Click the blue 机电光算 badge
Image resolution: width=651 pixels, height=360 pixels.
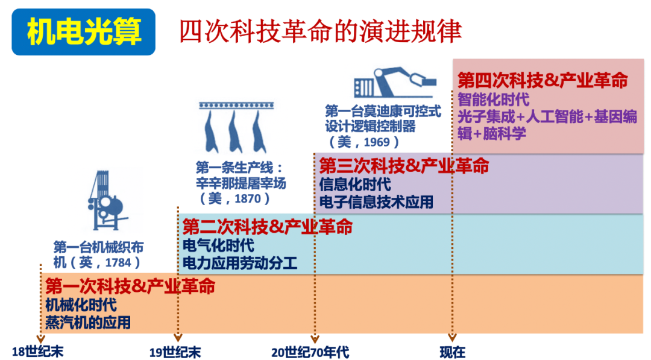pos(84,32)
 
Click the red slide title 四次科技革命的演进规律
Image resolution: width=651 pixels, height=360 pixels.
pos(320,31)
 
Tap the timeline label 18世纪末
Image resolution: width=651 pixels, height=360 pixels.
pos(37,352)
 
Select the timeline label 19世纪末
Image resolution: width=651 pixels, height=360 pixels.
pos(175,352)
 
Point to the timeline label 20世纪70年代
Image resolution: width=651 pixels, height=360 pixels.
pos(310,352)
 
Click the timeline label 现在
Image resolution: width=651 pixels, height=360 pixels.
pos(452,352)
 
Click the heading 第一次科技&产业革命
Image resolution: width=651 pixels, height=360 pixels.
pos(130,286)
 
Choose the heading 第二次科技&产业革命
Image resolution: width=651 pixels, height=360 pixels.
pos(267,227)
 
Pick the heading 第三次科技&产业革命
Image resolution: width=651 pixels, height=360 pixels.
pos(404,165)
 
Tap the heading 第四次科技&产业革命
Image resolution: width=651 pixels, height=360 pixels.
pos(542,80)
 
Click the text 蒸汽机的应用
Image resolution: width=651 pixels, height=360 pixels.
pos(87,323)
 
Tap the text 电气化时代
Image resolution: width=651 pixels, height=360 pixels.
pos(218,245)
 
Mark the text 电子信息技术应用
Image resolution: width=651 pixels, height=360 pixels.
pos(376,202)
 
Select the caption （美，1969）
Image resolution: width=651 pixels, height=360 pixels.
pos(364,142)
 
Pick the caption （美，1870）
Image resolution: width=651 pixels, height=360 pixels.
pos(234,198)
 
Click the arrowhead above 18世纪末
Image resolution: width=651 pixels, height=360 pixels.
pos(40,338)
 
